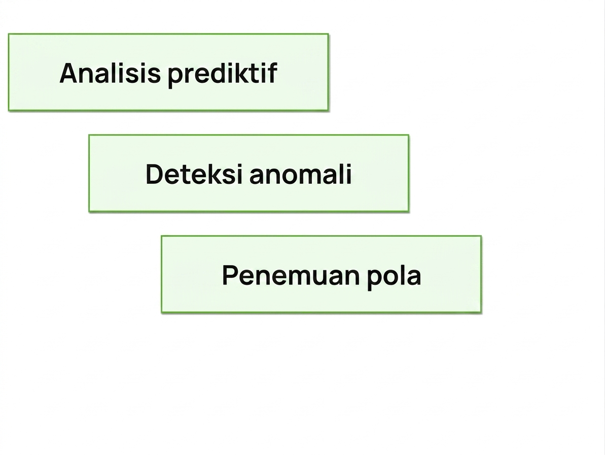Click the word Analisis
coord(110,73)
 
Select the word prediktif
coord(222,74)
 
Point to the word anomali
coord(301,174)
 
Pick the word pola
coord(394,276)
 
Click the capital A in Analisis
coord(70,73)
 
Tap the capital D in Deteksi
coord(155,174)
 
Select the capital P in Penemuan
coord(230,275)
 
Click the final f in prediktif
coord(272,73)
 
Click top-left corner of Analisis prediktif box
coord(9,34)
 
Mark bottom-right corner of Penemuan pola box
coord(481,312)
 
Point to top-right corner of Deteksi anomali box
coord(409,135)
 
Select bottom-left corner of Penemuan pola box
coord(162,312)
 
